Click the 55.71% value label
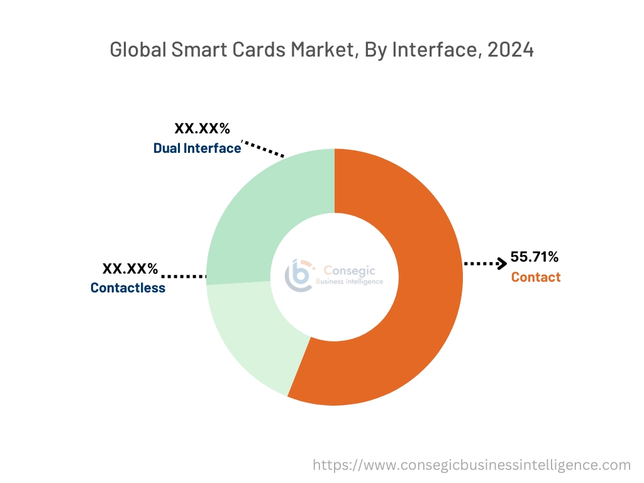point(534,257)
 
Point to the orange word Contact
point(535,277)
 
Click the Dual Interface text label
point(197,148)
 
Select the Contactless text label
point(128,288)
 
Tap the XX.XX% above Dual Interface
point(202,129)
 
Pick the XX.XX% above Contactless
point(130,269)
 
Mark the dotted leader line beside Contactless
point(184,276)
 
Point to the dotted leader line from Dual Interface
point(264,149)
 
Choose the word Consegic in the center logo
point(348,270)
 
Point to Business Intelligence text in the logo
point(348,282)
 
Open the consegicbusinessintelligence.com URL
point(472,465)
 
